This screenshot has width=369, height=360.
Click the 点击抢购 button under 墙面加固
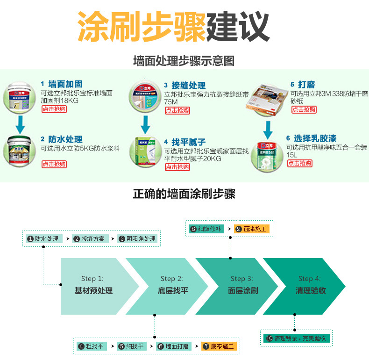click(x=54, y=109)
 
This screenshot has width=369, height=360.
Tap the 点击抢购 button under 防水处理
click(x=54, y=164)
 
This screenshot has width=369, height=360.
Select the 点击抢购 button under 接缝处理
click(x=177, y=111)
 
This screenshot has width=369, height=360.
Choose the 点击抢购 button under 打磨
click(x=304, y=109)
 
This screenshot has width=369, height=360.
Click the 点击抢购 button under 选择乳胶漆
click(x=299, y=163)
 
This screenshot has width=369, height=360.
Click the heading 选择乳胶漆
click(x=315, y=138)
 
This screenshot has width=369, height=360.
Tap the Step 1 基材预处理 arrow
click(x=93, y=286)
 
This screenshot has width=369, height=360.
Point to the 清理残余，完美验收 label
click(x=297, y=338)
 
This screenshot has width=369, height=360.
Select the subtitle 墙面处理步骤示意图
click(x=184, y=61)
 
